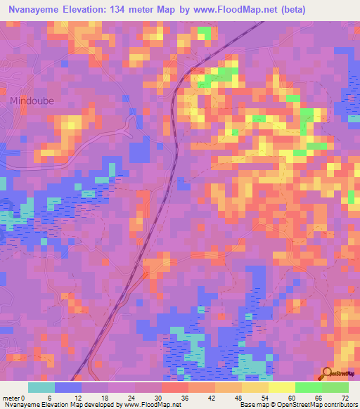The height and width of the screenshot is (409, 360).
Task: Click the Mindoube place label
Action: click(x=32, y=100)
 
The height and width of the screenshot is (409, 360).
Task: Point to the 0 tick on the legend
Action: click(x=25, y=398)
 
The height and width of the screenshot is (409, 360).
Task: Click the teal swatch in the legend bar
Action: click(x=41, y=387)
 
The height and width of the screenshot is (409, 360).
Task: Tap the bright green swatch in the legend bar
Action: click(x=309, y=387)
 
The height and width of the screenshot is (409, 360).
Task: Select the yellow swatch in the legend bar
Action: click(x=282, y=387)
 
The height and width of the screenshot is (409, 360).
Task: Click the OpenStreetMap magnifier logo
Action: click(x=328, y=375)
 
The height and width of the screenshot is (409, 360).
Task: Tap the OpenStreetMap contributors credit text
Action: click(x=310, y=405)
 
